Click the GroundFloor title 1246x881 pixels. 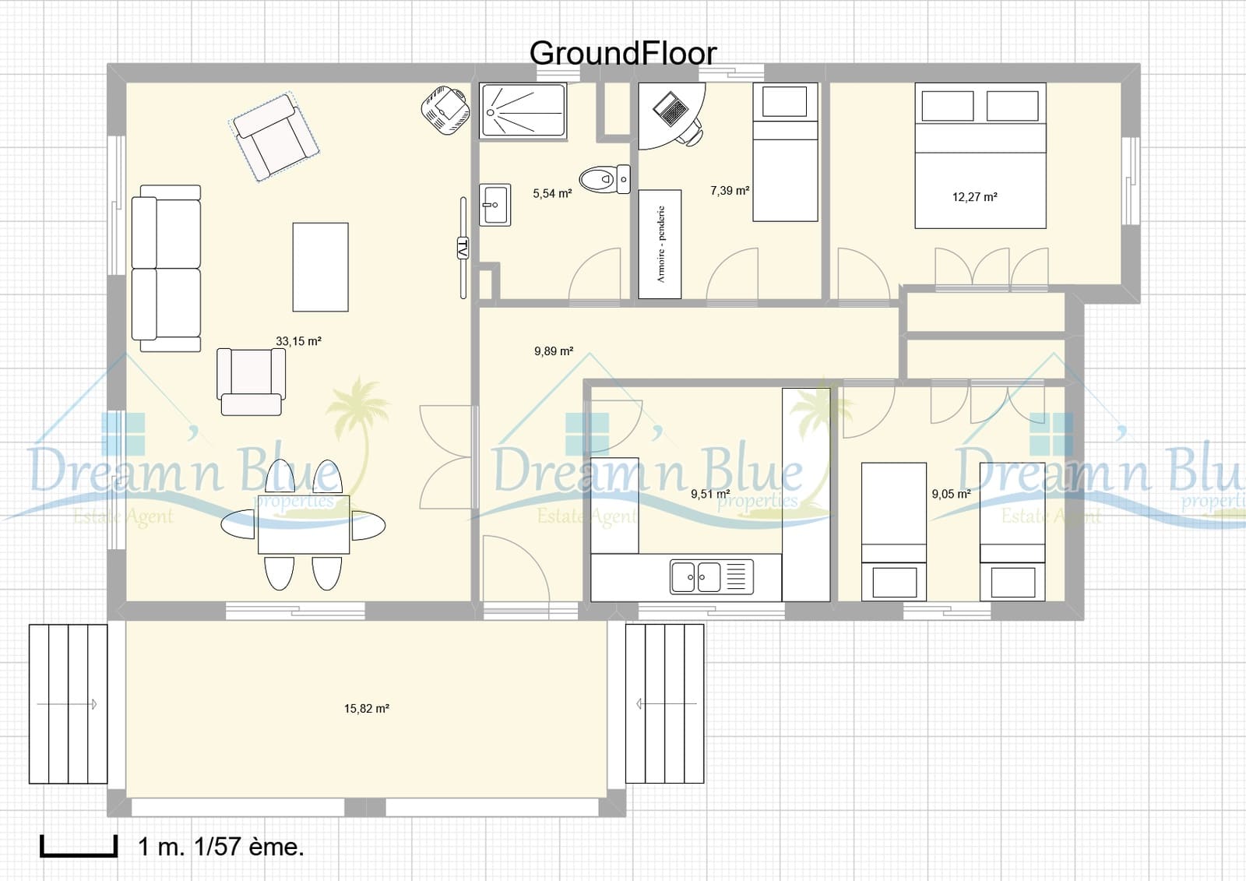[x=622, y=54]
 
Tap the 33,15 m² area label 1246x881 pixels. [x=298, y=341]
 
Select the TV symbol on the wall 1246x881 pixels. [x=463, y=248]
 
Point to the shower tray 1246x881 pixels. [x=523, y=111]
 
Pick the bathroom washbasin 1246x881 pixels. [x=495, y=205]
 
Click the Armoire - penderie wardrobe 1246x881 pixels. [x=660, y=244]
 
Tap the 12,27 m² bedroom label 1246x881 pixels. [x=974, y=197]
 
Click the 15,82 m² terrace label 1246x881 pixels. [x=366, y=709]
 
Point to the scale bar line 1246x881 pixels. [x=78, y=854]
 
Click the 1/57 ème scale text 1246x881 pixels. [x=248, y=847]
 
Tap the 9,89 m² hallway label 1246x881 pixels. [x=554, y=351]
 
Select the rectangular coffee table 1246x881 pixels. [x=320, y=267]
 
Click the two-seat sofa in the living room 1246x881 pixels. [x=166, y=268]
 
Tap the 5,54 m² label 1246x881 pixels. [x=552, y=193]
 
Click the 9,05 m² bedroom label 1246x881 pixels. [x=951, y=494]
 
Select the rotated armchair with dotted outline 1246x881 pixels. [x=274, y=137]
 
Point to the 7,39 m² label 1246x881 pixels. [x=730, y=191]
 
